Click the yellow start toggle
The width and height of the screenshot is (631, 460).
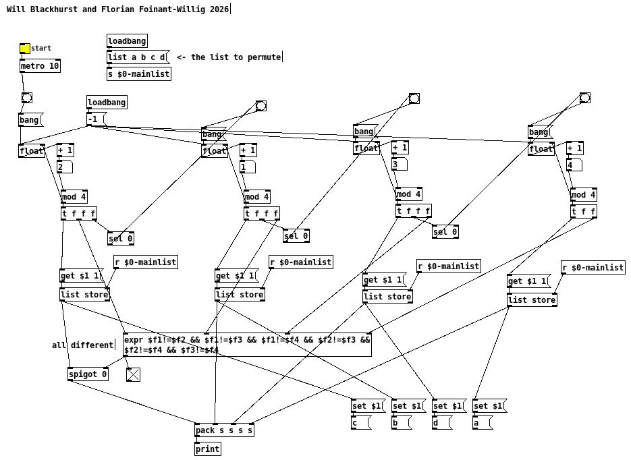click(x=25, y=48)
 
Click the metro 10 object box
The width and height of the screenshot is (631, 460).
click(x=40, y=66)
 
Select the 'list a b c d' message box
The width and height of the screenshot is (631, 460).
click(x=137, y=57)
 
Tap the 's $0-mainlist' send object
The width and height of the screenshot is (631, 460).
click(x=138, y=74)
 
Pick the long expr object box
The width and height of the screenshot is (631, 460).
click(x=247, y=345)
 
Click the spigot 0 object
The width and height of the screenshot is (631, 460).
click(x=88, y=374)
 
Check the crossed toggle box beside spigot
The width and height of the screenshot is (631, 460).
click(x=133, y=375)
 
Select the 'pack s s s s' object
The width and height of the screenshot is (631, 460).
click(x=224, y=430)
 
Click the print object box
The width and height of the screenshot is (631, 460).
click(x=208, y=449)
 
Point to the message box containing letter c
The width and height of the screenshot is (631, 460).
click(x=360, y=423)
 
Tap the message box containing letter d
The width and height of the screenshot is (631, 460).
click(x=441, y=423)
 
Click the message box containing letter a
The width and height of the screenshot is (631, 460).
click(x=482, y=423)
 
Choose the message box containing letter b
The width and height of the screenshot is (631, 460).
click(x=401, y=423)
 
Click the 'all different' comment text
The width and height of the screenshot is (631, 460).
click(x=83, y=345)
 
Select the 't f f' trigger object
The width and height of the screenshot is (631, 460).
click(x=584, y=212)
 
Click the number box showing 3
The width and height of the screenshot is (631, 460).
click(x=398, y=164)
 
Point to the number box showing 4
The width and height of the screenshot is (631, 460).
click(x=574, y=165)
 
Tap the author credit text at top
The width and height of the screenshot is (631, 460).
click(x=118, y=9)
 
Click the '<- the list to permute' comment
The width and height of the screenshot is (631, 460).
click(x=229, y=57)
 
